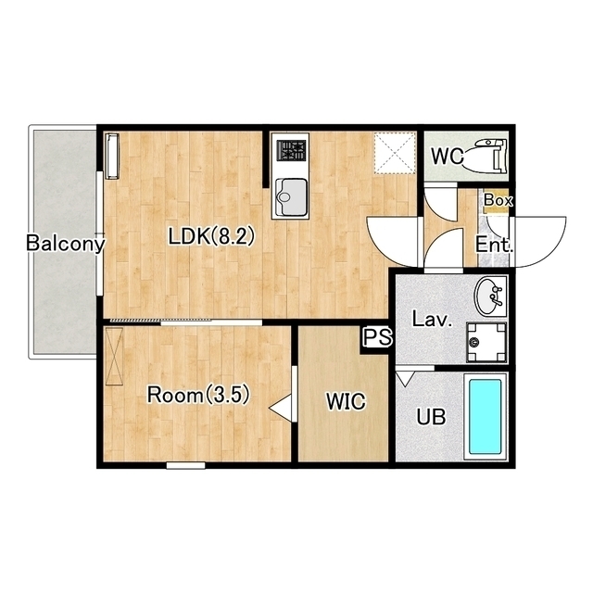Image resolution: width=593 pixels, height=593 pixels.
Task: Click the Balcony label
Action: [65, 243]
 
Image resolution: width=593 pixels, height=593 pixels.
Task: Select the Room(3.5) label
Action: [198, 396]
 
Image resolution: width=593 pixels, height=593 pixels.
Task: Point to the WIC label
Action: [346, 401]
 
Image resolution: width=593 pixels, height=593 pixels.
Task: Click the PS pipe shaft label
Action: [378, 336]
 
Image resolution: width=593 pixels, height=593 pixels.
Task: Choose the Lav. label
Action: [433, 319]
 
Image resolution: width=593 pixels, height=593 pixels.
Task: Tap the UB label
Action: [431, 417]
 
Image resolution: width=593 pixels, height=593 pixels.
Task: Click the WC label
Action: [448, 156]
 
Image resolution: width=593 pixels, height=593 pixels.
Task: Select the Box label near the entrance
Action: [498, 200]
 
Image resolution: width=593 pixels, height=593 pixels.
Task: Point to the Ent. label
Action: [494, 245]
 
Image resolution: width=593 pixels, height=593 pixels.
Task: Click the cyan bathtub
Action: [486, 417]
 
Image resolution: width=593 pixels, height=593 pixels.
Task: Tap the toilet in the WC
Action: [486, 156]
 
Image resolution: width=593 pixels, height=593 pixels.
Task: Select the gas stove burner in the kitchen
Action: [291, 150]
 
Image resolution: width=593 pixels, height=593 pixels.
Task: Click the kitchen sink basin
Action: [291, 196]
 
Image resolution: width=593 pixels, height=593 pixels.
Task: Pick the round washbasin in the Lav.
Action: [490, 296]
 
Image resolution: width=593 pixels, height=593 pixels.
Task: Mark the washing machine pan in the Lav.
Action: [486, 342]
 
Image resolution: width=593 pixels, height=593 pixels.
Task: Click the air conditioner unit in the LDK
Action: [112, 156]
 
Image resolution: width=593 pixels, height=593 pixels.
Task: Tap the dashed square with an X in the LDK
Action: [395, 153]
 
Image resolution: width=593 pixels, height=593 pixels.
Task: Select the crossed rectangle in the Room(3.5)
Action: [114, 356]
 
